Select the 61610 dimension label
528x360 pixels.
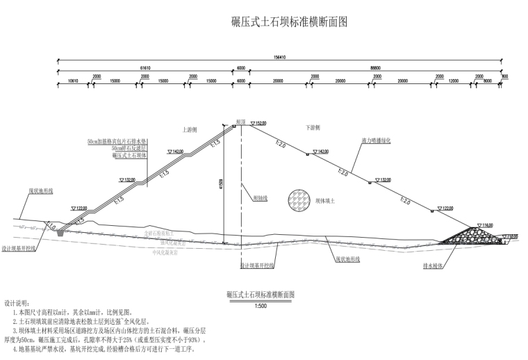[x=145, y=67]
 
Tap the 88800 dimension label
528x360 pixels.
[x=375, y=67]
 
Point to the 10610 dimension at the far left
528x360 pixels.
[x=73, y=81]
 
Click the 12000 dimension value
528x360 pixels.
[x=453, y=81]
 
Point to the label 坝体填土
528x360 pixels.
[x=325, y=200]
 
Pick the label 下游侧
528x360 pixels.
[x=313, y=128]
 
